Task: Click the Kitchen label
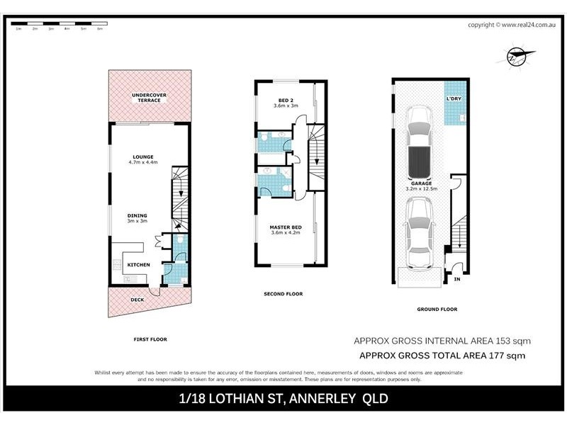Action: click(138, 265)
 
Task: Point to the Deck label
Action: click(137, 300)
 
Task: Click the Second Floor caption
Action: click(283, 293)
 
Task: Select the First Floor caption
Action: click(150, 339)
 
